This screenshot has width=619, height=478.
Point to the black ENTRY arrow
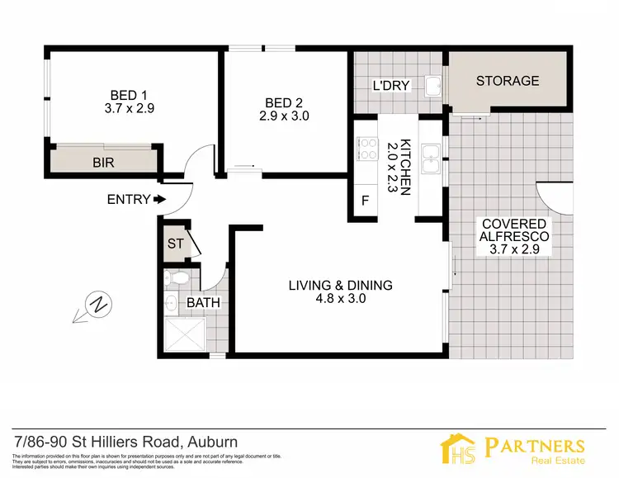(x=159, y=199)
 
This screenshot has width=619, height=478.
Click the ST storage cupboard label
(x=174, y=244)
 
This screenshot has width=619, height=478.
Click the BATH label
(x=203, y=303)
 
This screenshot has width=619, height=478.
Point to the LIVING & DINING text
(x=340, y=286)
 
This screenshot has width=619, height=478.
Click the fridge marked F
(x=365, y=201)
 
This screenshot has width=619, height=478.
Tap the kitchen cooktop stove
(x=366, y=149)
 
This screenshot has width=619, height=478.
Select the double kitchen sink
(x=429, y=159)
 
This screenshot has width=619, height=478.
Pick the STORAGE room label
(x=507, y=81)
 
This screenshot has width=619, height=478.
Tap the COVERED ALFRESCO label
(x=515, y=230)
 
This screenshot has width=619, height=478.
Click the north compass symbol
(x=96, y=305)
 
